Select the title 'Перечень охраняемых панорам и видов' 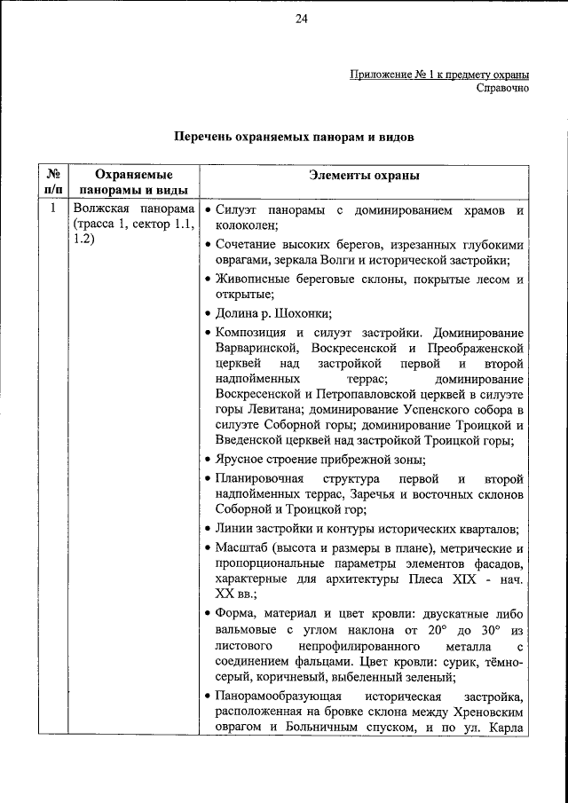(x=294, y=138)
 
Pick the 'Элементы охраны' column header (x=364, y=177)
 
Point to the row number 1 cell (x=52, y=209)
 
